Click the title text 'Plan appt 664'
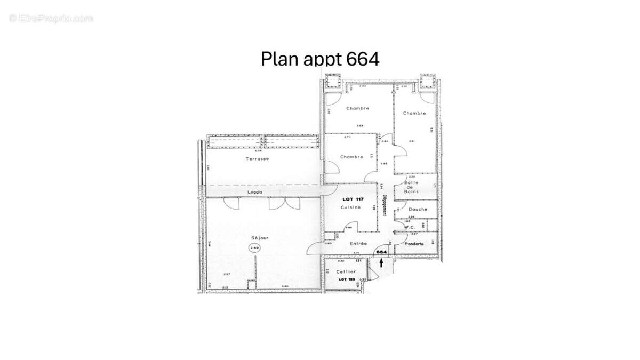pyautogui.click(x=320, y=58)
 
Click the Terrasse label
pyautogui.click(x=257, y=159)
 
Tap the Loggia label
pyautogui.click(x=257, y=192)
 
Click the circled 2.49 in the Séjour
pyautogui.click(x=254, y=247)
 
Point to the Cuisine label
pyautogui.click(x=351, y=207)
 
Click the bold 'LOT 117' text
pyautogui.click(x=351, y=199)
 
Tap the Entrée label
pyautogui.click(x=358, y=244)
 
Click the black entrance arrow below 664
pyautogui.click(x=381, y=261)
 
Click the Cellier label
pyautogui.click(x=347, y=271)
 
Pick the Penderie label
pyautogui.click(x=414, y=244)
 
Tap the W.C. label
pyautogui.click(x=410, y=227)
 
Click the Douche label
pyautogui.click(x=418, y=209)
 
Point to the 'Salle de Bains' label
pyautogui.click(x=412, y=187)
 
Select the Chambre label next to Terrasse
pyautogui.click(x=351, y=157)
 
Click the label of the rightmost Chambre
pyautogui.click(x=414, y=113)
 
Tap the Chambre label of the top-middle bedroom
pyautogui.click(x=357, y=108)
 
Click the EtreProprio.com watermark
pyautogui.click(x=51, y=18)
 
